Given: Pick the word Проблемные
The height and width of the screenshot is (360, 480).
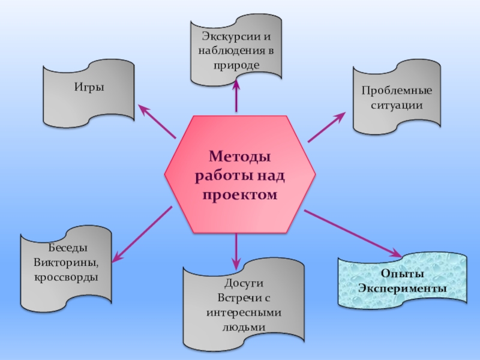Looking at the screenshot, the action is tap(396, 91).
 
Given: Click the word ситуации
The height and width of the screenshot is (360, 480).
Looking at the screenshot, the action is tap(396, 105).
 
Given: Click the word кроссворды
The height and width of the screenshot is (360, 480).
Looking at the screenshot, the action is tap(65, 277).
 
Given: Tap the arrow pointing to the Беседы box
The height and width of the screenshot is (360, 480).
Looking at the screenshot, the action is tap(143, 233).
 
